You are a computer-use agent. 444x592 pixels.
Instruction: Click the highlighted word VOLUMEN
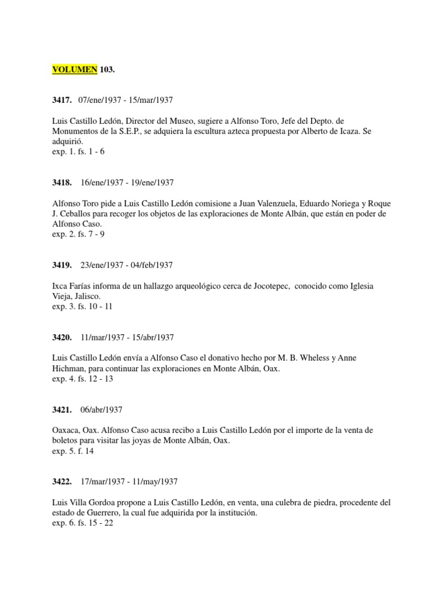click(x=75, y=69)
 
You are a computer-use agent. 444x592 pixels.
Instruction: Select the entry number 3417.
click(x=62, y=100)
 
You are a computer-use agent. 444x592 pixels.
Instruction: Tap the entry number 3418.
click(x=62, y=183)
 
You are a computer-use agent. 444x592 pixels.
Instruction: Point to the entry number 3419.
click(x=62, y=265)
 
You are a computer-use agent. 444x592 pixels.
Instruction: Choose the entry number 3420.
click(x=62, y=338)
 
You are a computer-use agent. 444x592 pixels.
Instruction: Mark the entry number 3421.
click(x=62, y=410)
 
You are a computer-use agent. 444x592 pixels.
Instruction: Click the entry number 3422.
click(x=62, y=482)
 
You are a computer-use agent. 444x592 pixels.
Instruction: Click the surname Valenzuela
click(x=267, y=203)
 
